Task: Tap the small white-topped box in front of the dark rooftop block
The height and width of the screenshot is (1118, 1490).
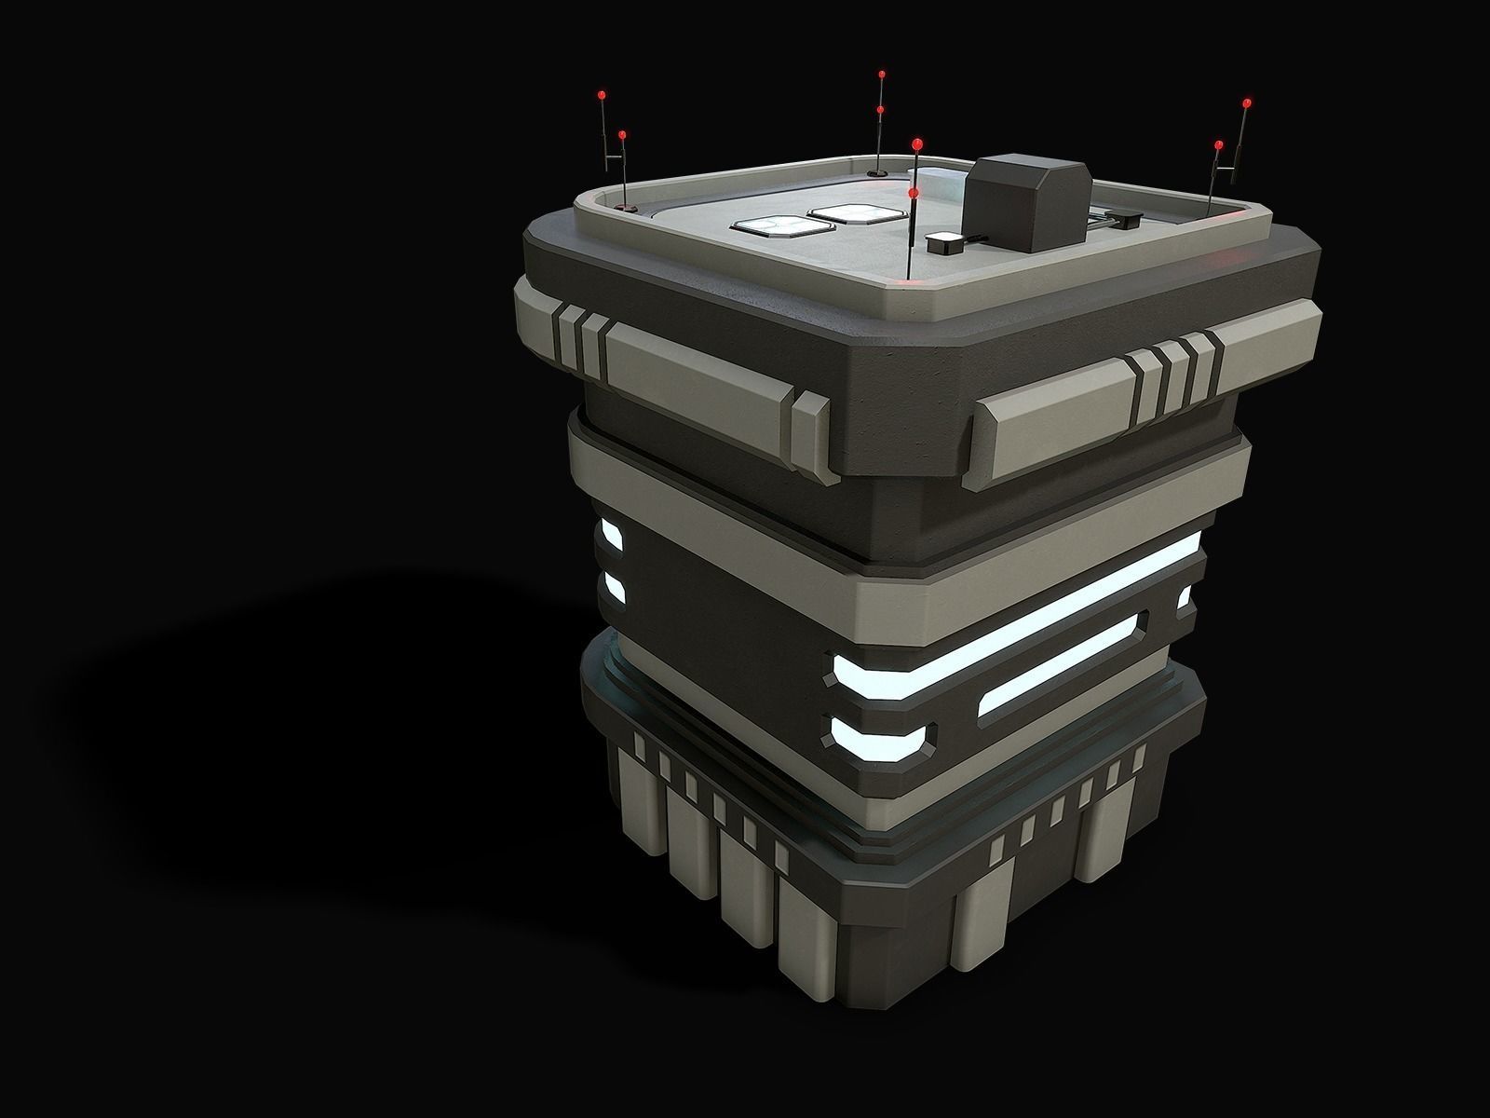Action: [944, 243]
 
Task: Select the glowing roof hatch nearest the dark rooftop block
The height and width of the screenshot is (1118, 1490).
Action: [847, 213]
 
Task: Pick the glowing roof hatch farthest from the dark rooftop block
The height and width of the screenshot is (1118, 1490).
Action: [769, 225]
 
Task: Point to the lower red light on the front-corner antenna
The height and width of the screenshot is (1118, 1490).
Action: [913, 193]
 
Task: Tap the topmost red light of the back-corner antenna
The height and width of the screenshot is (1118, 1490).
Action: [881, 74]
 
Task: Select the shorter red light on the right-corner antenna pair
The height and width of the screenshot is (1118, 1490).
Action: [1219, 144]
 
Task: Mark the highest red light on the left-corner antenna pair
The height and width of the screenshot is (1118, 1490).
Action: [602, 94]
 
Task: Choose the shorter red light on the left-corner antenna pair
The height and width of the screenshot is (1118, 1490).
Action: [622, 135]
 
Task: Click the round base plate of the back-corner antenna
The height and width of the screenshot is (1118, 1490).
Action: [877, 173]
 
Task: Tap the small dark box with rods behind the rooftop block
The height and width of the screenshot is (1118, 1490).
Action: [1126, 221]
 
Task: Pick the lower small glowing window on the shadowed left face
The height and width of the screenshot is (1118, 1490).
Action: [613, 586]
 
